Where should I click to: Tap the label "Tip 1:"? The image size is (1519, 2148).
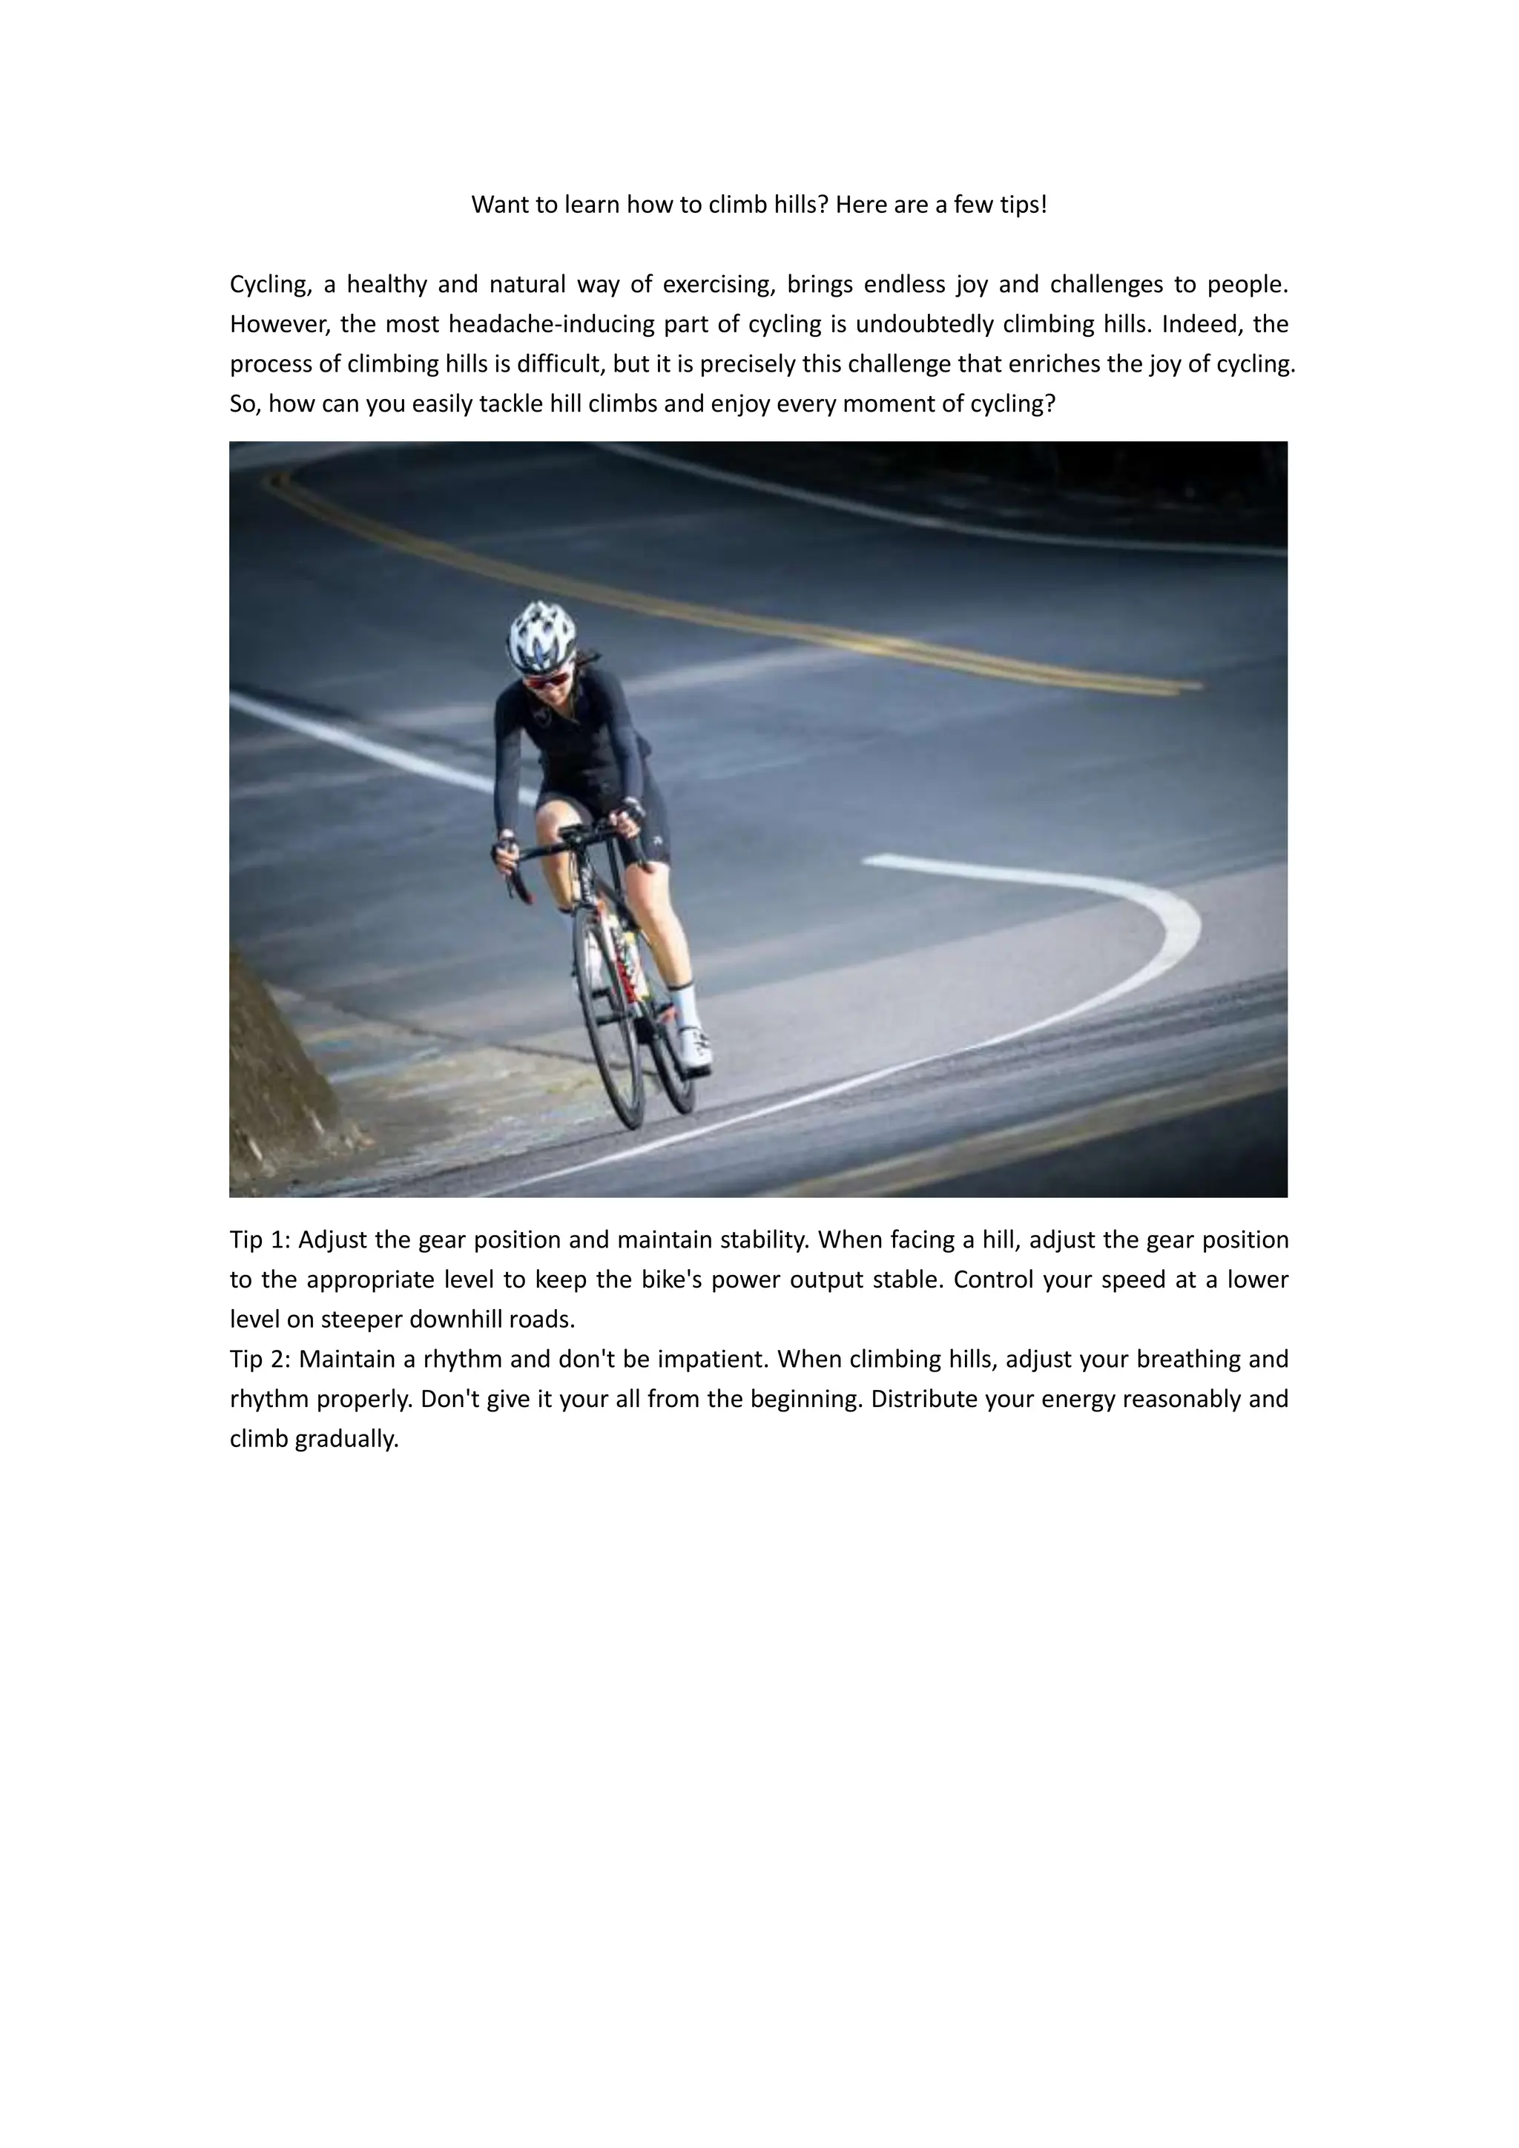coord(261,1241)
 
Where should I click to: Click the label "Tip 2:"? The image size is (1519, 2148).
coord(261,1360)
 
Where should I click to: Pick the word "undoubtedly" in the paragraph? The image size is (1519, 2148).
coord(924,325)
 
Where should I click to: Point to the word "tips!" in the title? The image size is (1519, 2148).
coord(1024,205)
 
